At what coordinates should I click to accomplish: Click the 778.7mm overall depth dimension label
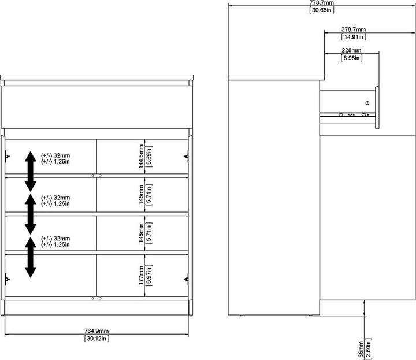point(322,3)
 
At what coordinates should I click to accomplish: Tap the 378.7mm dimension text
point(354,29)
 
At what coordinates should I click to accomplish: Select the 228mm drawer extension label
point(351,50)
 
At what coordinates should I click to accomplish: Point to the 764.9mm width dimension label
point(96,331)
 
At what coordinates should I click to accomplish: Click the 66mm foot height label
point(361,349)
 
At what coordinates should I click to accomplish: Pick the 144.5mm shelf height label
point(141,156)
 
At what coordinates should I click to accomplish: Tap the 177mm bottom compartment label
point(141,276)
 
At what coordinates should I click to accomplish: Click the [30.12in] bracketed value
point(96,339)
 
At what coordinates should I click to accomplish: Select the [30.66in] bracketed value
point(322,10)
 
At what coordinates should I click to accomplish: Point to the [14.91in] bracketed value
point(354,37)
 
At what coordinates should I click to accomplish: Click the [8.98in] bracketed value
point(351,58)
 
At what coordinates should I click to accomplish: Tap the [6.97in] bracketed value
point(149,275)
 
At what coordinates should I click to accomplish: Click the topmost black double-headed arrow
point(31,172)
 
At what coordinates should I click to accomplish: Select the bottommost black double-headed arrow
point(31,257)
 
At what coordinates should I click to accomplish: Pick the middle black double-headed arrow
point(31,214)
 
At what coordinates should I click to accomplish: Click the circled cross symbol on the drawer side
point(367,103)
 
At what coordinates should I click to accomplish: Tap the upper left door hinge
point(7,156)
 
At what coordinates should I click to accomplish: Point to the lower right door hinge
point(186,279)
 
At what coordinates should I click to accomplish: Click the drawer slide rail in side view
point(347,114)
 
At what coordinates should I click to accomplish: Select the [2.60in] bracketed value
point(368,348)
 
